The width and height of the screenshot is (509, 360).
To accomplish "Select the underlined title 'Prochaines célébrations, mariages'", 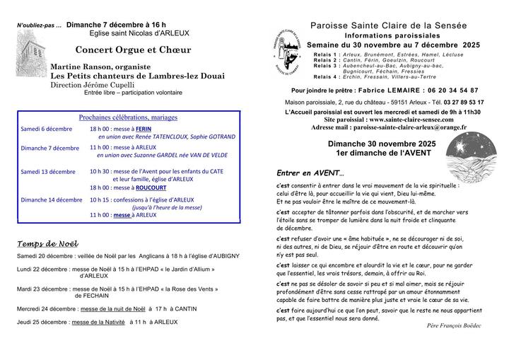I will pos(128,117).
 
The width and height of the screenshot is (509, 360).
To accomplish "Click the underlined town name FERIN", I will pos(144,129).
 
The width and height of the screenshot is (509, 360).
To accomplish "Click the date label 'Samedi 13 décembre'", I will pos(48,172).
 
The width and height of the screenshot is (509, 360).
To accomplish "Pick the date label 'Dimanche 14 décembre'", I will pos(52,200).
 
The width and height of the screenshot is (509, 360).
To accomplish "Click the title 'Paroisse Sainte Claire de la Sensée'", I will pos(389,25).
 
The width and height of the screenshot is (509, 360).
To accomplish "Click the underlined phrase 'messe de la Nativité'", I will pos(97,322).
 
